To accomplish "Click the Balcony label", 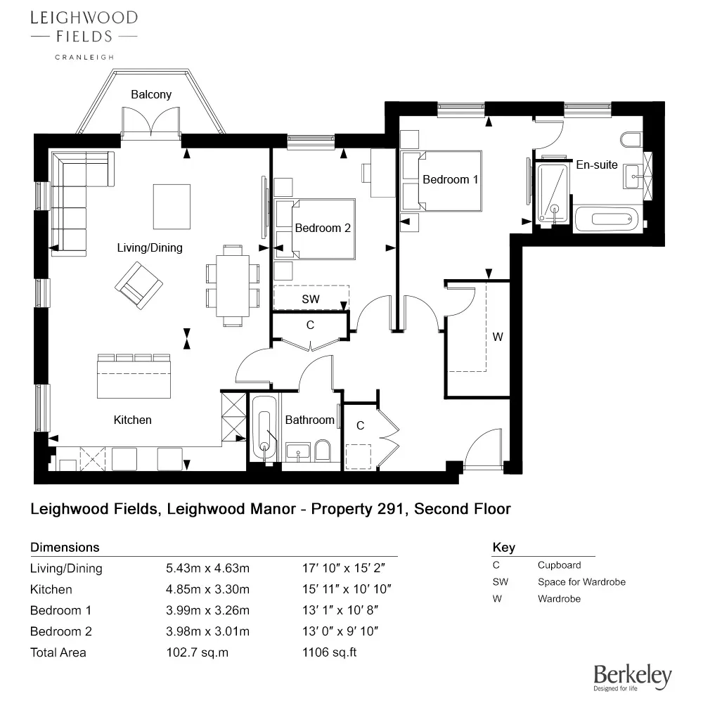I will (x=151, y=94).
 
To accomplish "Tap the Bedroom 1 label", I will (x=450, y=179).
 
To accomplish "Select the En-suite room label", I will (x=596, y=165).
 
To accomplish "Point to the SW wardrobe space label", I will (x=310, y=299).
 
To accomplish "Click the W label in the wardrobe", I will (x=498, y=337).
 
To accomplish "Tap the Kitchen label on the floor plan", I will (x=132, y=420).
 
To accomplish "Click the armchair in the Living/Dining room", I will (x=139, y=285).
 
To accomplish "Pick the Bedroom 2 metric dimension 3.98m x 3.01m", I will (x=207, y=631).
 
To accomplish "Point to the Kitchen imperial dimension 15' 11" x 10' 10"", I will (x=346, y=589).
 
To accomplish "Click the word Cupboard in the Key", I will (x=559, y=565).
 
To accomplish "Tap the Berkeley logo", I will (x=633, y=678).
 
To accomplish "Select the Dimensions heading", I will (x=65, y=547).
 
